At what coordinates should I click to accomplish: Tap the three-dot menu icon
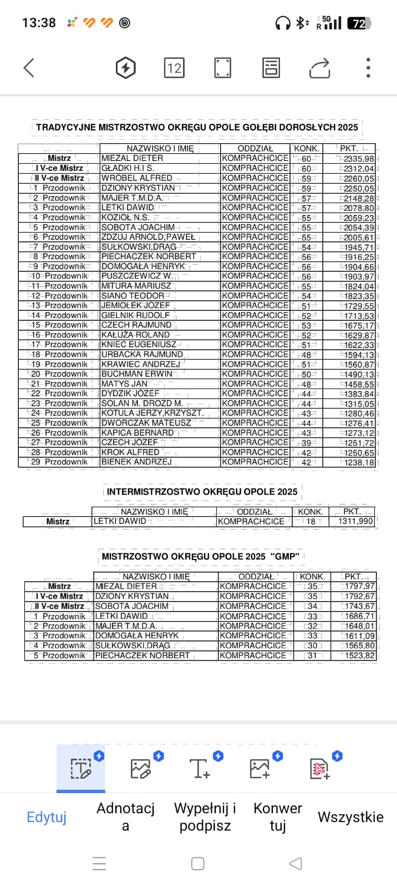[x=368, y=68]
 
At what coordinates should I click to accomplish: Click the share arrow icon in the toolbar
[x=319, y=68]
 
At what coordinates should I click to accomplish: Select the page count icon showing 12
[x=174, y=68]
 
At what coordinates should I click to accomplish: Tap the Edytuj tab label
[x=47, y=817]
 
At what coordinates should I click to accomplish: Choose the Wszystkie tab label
[x=350, y=817]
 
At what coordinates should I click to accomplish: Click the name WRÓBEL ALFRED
[x=137, y=178]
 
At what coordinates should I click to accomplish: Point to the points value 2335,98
[x=359, y=159]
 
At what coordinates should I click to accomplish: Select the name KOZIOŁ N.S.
[x=125, y=217]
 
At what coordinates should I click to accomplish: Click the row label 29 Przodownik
[x=59, y=462]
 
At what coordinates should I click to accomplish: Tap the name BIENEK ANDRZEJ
[x=136, y=462]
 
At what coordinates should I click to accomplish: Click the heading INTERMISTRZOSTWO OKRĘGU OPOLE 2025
[x=202, y=492]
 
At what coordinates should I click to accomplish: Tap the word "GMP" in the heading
[x=285, y=556]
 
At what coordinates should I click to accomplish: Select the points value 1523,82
[x=359, y=655]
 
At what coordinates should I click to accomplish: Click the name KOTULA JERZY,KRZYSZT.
[x=152, y=413]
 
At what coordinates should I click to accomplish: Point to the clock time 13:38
[x=39, y=23]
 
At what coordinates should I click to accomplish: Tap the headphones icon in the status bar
[x=283, y=23]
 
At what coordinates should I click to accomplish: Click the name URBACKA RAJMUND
[x=142, y=354]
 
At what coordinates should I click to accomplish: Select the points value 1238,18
[x=359, y=462]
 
